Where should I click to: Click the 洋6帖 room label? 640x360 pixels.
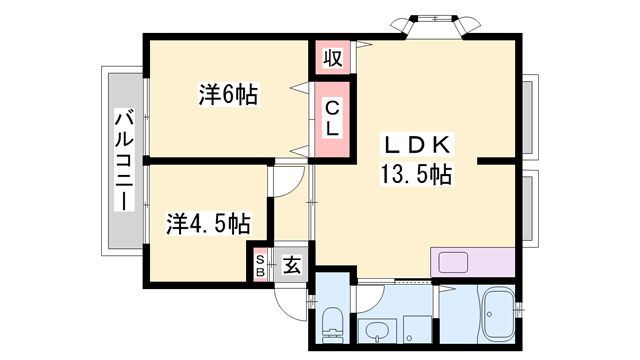click(228, 96)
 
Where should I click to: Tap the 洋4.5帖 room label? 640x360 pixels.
click(207, 222)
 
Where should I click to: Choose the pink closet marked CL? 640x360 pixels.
click(334, 118)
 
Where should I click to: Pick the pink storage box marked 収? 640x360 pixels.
click(334, 57)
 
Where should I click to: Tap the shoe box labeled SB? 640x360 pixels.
click(260, 266)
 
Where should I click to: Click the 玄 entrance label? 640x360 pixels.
click(291, 265)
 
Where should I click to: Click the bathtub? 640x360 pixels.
click(497, 314)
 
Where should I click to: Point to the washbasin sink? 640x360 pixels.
click(377, 330)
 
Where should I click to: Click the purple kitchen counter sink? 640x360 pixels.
click(452, 263)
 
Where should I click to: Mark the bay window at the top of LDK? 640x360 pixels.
click(434, 23)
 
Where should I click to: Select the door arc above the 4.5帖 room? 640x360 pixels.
click(287, 182)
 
